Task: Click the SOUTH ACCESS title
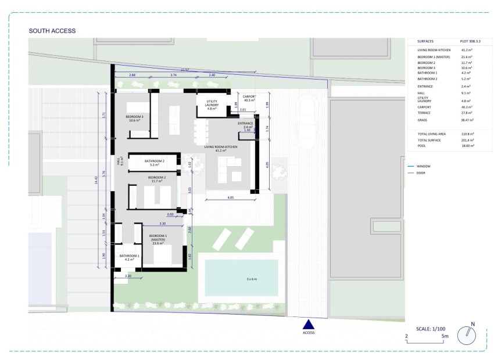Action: [x=52, y=30]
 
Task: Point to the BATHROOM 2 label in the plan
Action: [x=155, y=163]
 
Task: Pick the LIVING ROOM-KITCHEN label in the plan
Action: [x=221, y=149]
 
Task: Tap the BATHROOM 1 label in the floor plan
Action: [x=129, y=257]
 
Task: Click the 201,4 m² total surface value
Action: [x=468, y=141]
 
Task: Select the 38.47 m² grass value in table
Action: [x=468, y=120]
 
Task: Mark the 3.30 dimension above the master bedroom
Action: [x=162, y=224]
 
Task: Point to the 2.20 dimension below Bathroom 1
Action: [x=128, y=276]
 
